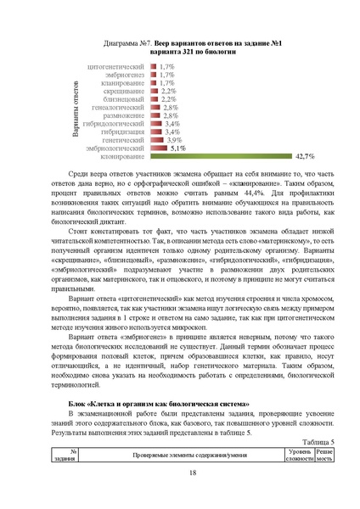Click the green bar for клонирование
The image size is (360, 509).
[221, 157]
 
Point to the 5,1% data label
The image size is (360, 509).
[177, 148]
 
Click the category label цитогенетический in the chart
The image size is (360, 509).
[116, 65]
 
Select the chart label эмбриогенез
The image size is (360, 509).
[125, 75]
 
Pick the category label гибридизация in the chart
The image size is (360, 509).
[123, 132]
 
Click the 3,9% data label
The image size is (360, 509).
[173, 140]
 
